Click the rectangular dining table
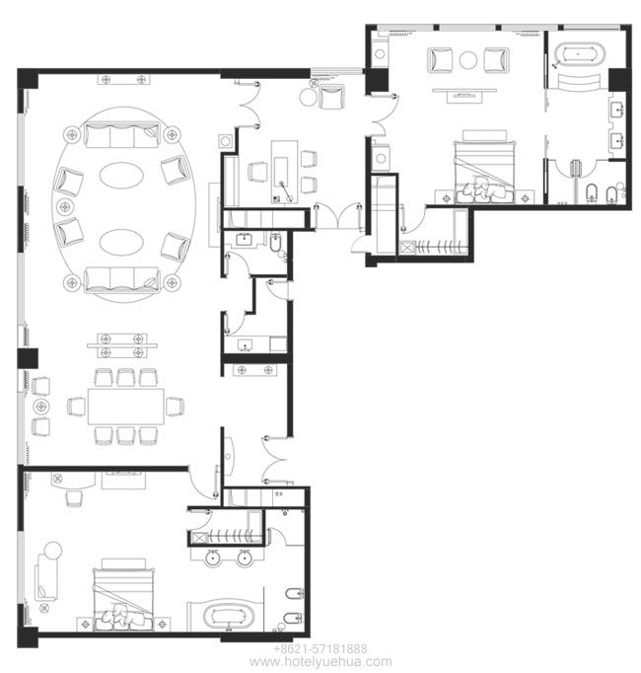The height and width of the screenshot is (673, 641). tap(125, 406)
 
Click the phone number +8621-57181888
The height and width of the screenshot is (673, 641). tap(320, 648)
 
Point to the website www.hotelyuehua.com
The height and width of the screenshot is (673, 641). tap(320, 661)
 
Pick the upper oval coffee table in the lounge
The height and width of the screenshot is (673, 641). tap(121, 175)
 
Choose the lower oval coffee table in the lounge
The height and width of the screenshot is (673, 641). tap(121, 242)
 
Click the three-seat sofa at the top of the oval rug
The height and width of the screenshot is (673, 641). tap(122, 135)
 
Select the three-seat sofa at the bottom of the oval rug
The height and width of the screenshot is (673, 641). tap(122, 279)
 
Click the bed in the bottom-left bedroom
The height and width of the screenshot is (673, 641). tap(123, 597)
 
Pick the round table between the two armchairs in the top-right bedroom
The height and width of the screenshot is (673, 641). tap(468, 60)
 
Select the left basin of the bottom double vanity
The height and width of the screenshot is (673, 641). tap(213, 559)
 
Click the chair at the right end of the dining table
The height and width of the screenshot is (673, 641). tap(175, 406)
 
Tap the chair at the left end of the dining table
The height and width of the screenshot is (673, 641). tap(76, 406)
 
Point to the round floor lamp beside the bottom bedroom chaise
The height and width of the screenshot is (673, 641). tap(53, 551)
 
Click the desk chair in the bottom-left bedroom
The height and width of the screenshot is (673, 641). tap(74, 498)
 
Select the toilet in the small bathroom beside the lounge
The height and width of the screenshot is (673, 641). tap(275, 244)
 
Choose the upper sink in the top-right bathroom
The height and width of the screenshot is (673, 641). tap(618, 110)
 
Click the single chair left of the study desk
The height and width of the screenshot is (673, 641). tap(257, 172)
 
